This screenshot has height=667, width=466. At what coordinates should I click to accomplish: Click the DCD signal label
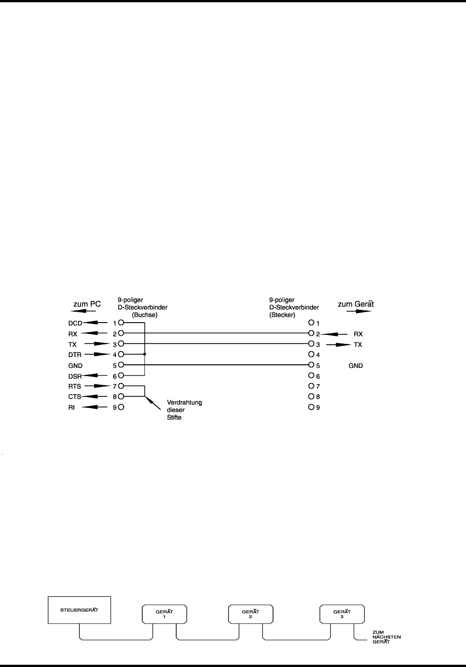tap(75, 323)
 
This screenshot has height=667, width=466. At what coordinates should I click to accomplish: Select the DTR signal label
tap(74, 354)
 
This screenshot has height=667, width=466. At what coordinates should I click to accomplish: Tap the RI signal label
tap(71, 407)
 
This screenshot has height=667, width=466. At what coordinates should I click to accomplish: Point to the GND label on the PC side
tap(75, 365)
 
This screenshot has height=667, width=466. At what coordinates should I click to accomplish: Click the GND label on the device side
tap(356, 365)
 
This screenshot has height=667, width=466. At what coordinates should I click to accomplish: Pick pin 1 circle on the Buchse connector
tap(121, 323)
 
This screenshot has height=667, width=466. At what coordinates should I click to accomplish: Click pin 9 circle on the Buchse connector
tap(121, 407)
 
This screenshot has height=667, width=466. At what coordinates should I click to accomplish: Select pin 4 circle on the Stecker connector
tap(311, 354)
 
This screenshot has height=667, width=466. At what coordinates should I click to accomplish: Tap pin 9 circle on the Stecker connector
tap(311, 407)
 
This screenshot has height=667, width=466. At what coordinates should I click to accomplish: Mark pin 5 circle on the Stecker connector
tap(311, 365)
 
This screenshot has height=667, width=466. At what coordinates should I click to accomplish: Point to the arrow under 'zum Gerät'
tap(356, 311)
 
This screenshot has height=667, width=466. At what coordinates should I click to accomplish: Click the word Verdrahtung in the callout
tap(184, 402)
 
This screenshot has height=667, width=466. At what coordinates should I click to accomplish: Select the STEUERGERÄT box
tap(79, 609)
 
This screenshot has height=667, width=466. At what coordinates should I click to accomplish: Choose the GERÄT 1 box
tap(164, 614)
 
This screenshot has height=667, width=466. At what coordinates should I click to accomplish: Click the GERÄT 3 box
tap(342, 614)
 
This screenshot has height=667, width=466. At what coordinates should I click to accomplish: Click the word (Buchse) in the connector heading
tap(144, 314)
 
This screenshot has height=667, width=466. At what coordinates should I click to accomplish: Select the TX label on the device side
tap(358, 344)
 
